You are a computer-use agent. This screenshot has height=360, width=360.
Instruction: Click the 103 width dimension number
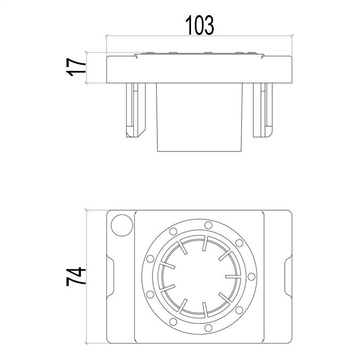click(x=199, y=25)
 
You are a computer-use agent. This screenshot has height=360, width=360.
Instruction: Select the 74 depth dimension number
click(x=76, y=276)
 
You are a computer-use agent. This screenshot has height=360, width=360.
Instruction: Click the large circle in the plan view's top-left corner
click(x=122, y=225)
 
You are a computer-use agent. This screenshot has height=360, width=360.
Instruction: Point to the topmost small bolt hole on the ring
click(x=208, y=225)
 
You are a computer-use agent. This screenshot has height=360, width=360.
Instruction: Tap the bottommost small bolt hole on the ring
click(x=208, y=327)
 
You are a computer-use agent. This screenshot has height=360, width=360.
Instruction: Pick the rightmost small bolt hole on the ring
click(x=251, y=276)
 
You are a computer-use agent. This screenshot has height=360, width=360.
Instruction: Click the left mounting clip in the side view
click(x=135, y=110)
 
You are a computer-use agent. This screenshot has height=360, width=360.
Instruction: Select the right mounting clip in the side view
click(x=262, y=110)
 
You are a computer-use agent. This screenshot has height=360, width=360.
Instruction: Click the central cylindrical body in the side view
click(x=199, y=117)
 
